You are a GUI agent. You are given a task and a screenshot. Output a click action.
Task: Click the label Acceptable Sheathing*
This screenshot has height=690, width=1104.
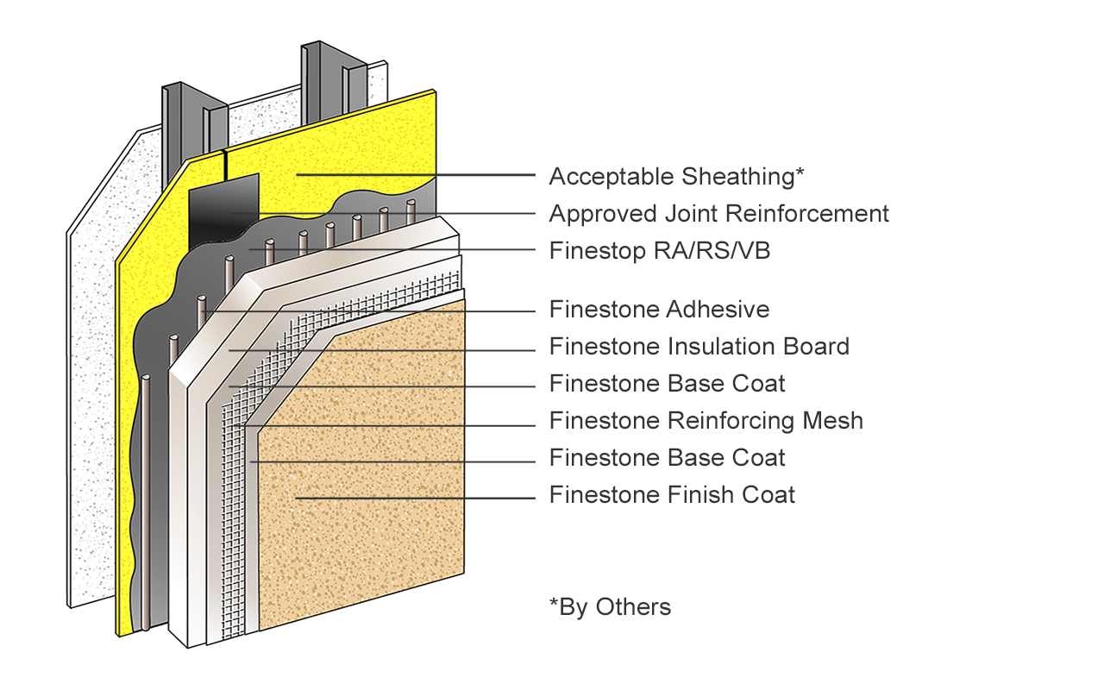[676, 177]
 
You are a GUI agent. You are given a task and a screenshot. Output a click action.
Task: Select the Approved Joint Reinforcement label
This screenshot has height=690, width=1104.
[718, 213]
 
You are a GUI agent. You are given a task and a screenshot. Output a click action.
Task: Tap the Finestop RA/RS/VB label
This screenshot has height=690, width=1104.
[659, 251]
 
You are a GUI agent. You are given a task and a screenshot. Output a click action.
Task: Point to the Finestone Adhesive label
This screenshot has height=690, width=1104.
[659, 309]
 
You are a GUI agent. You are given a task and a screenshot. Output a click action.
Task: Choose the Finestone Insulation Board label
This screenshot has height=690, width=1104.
[699, 347]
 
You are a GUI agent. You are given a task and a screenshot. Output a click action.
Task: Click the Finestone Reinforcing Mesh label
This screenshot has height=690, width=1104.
[706, 421]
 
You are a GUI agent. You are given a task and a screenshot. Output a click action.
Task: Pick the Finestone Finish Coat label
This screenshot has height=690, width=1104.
[672, 495]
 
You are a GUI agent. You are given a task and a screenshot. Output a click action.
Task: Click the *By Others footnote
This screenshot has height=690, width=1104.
[610, 607]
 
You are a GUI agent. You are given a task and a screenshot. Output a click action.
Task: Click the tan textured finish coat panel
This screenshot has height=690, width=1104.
[362, 483]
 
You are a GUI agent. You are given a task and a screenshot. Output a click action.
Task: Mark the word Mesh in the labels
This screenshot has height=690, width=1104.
[833, 421]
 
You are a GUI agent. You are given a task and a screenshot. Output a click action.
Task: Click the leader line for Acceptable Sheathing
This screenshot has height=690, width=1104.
[414, 175]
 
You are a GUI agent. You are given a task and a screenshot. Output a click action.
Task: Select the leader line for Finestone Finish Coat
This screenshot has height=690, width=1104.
[414, 498]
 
